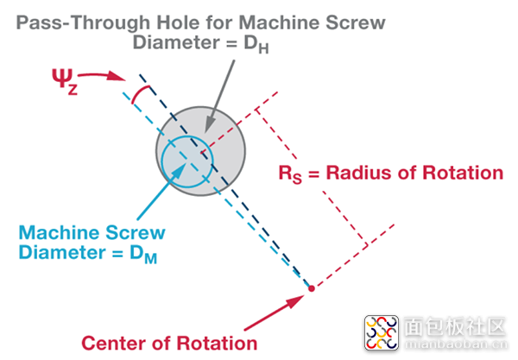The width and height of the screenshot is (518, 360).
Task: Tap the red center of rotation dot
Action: pyautogui.click(x=312, y=287)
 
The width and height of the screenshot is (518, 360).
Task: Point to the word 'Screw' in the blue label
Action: pyautogui.click(x=137, y=233)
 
